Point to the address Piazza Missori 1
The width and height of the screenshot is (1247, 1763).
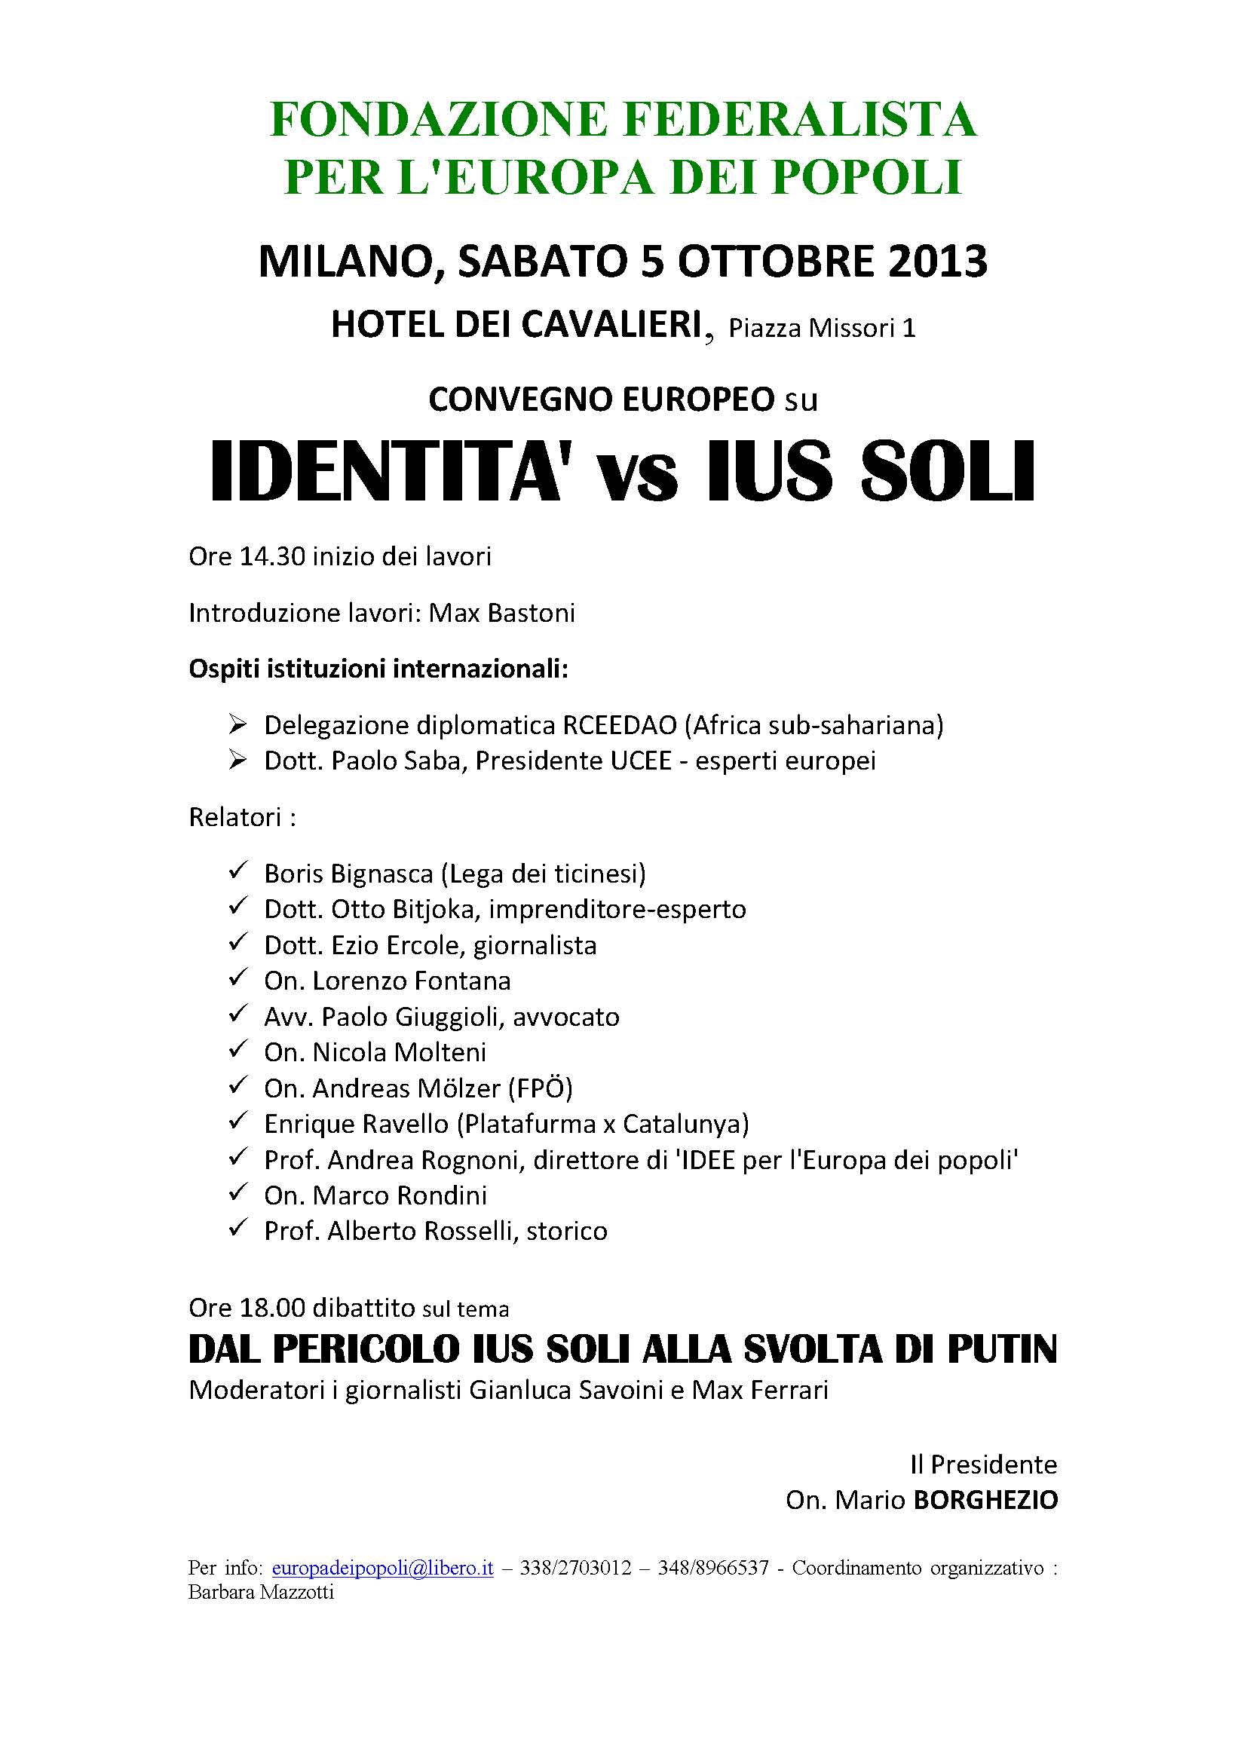coord(822,329)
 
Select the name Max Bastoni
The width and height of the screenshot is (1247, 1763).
coord(501,613)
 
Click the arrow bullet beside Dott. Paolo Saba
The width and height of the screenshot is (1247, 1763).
coord(237,761)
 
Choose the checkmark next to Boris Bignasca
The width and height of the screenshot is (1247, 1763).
coord(237,871)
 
